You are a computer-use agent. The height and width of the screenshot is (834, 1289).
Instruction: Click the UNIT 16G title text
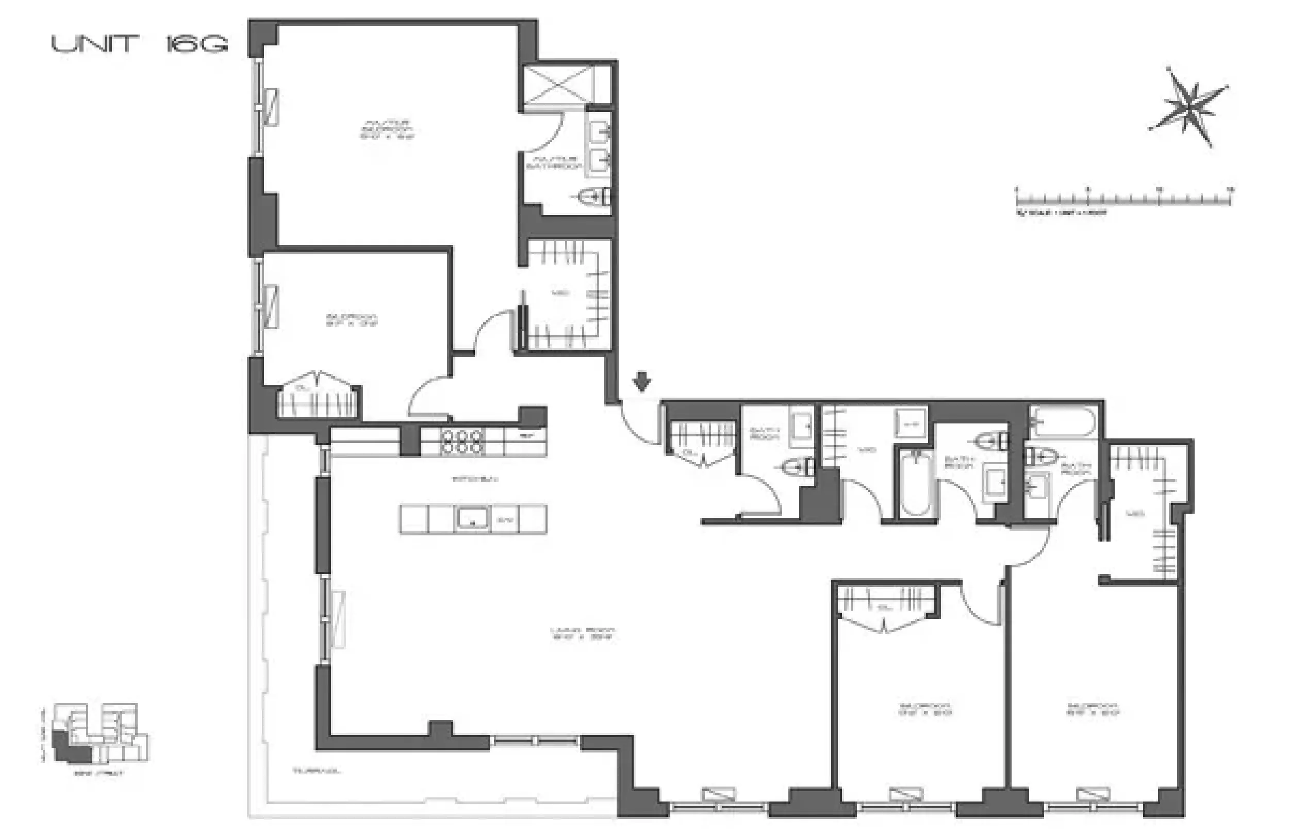[139, 43]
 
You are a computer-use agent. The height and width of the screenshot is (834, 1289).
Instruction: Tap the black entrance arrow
[641, 380]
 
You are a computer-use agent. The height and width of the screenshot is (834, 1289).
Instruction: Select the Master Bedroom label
[387, 130]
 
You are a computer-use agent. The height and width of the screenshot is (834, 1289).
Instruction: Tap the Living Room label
[582, 633]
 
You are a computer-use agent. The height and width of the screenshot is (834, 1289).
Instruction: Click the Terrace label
[316, 770]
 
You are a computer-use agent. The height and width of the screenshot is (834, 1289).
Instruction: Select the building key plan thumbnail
[97, 733]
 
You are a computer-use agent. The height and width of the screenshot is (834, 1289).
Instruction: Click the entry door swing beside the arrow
[639, 422]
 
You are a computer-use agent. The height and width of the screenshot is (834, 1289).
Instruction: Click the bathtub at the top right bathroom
[1063, 422]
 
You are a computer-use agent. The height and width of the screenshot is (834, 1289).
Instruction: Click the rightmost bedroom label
[1093, 709]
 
